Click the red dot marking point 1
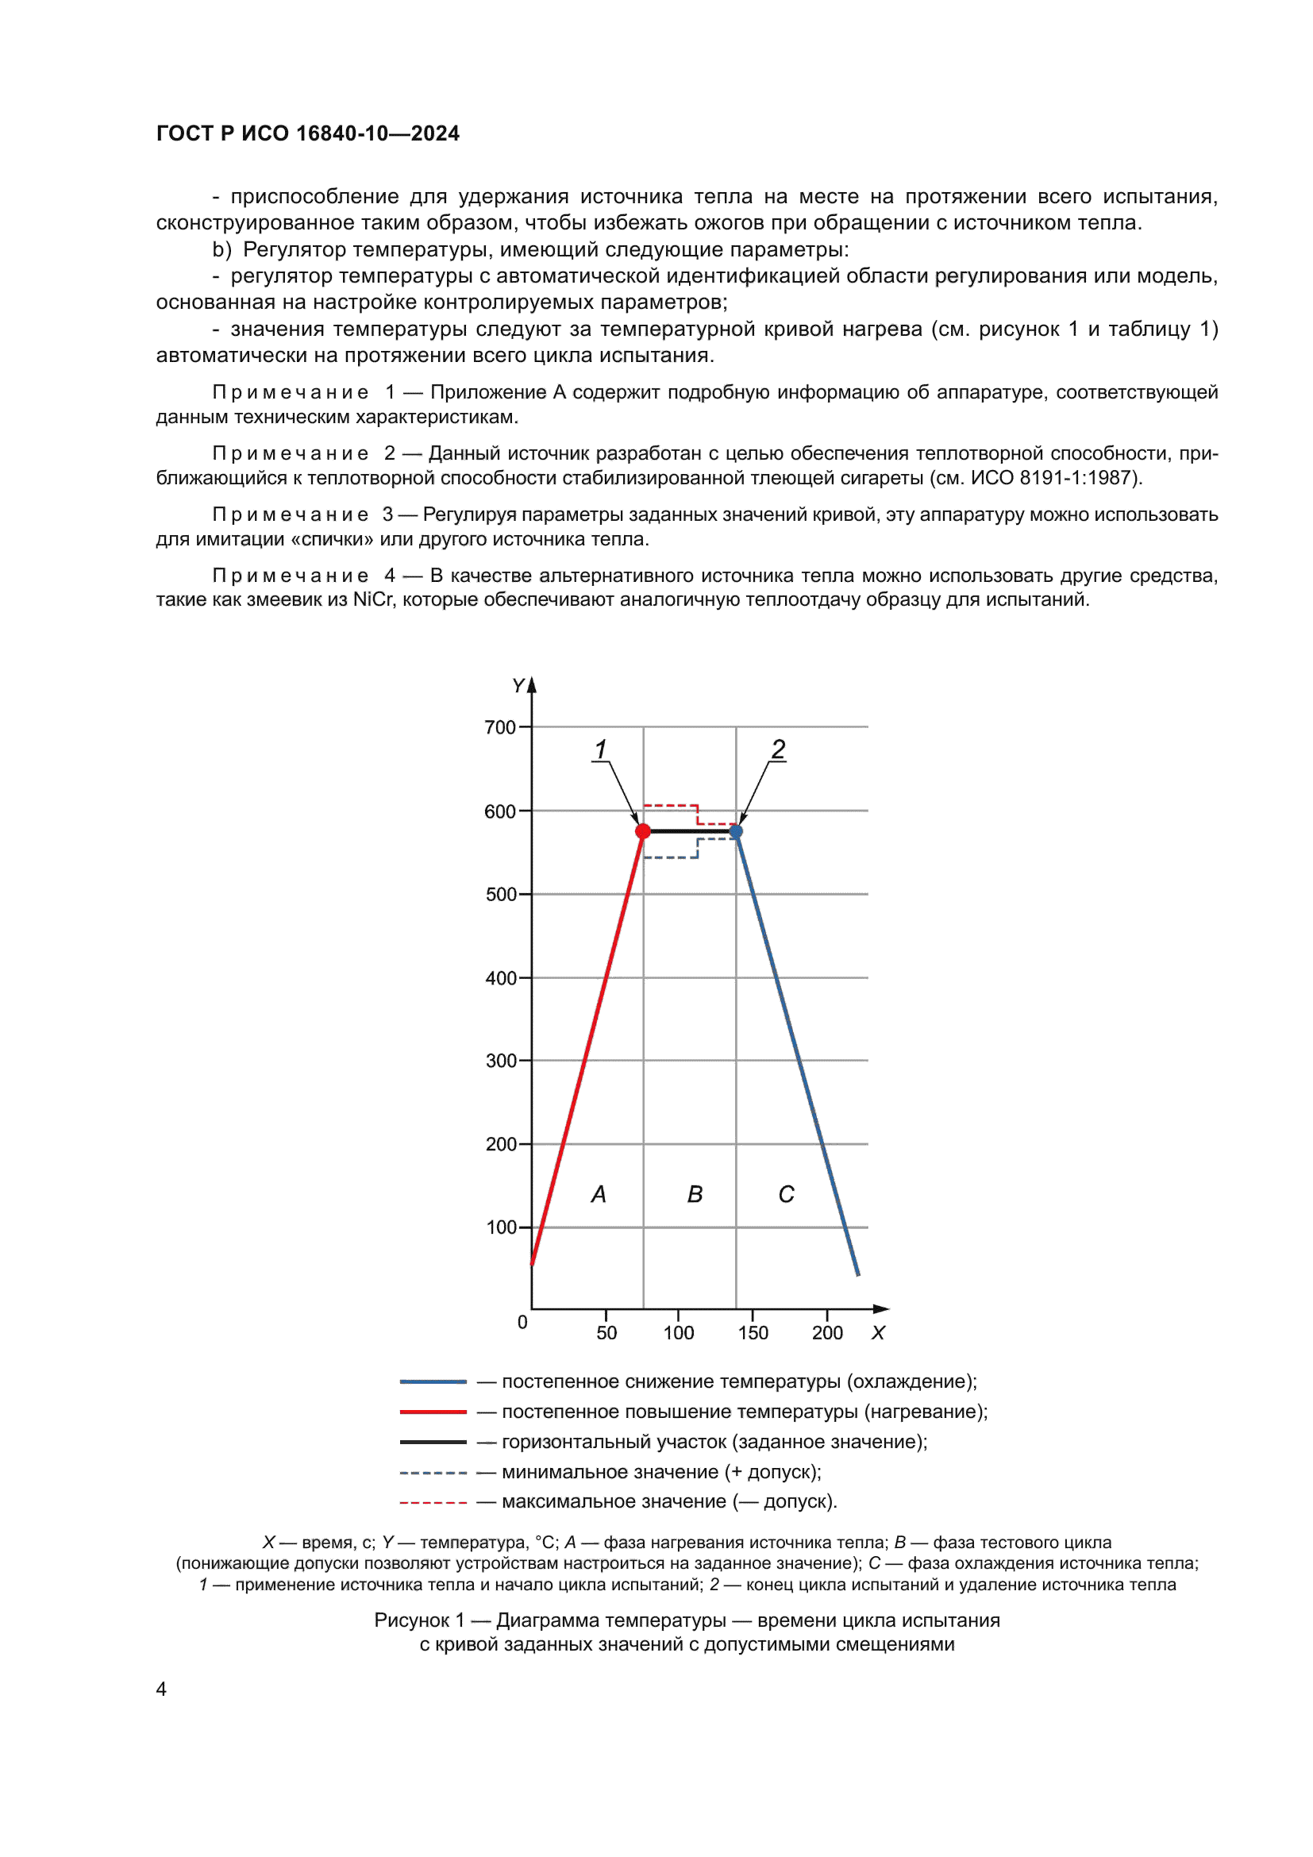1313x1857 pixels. (x=643, y=830)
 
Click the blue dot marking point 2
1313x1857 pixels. (x=736, y=830)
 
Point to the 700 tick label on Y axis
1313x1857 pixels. (x=499, y=727)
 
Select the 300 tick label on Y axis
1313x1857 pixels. (x=500, y=1061)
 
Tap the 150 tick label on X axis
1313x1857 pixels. (x=753, y=1332)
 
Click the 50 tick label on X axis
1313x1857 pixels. (x=606, y=1332)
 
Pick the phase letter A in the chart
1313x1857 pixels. (x=599, y=1194)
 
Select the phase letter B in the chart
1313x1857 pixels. (x=695, y=1194)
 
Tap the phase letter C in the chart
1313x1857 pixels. (x=786, y=1194)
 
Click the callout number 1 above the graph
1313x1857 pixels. (x=601, y=749)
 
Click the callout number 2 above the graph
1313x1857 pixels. (x=778, y=749)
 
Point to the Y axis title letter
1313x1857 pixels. (x=518, y=686)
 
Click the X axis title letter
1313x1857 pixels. (x=878, y=1333)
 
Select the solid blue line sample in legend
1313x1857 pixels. (x=433, y=1381)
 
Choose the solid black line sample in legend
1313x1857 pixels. (x=433, y=1441)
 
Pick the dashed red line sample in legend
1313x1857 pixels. (x=433, y=1502)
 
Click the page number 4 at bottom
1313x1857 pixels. (x=161, y=1689)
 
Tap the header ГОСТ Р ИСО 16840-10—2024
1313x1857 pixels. (x=307, y=133)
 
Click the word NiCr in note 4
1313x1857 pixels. (x=373, y=599)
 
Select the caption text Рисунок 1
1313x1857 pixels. (x=419, y=1620)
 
